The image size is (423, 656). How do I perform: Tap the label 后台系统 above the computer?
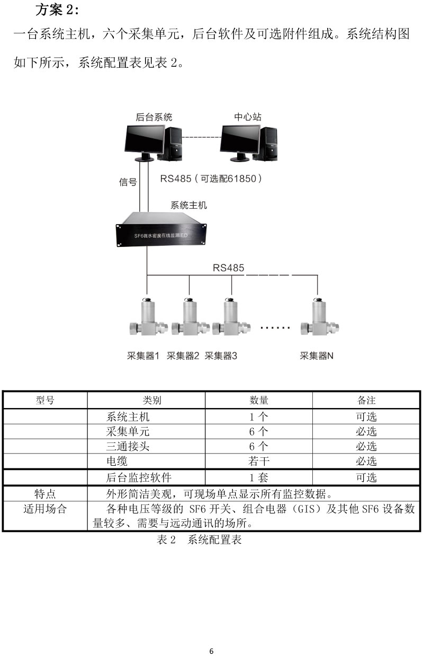pos(154,117)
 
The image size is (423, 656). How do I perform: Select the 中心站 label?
pos(248,117)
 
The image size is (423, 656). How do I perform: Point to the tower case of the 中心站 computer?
pos(267,144)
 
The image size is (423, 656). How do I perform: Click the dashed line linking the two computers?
pos(201,138)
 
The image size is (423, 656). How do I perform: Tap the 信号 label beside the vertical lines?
pos(128,182)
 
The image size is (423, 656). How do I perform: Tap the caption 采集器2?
pos(183,356)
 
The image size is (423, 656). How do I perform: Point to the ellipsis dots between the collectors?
pos(275,328)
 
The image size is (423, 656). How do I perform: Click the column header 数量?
pos(258,400)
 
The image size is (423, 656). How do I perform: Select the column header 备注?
pos(366,400)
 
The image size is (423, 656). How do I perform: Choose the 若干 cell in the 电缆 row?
pos(258,462)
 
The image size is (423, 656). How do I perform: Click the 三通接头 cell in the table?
pos(128,446)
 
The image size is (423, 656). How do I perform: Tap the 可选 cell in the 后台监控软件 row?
pos(366,478)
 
